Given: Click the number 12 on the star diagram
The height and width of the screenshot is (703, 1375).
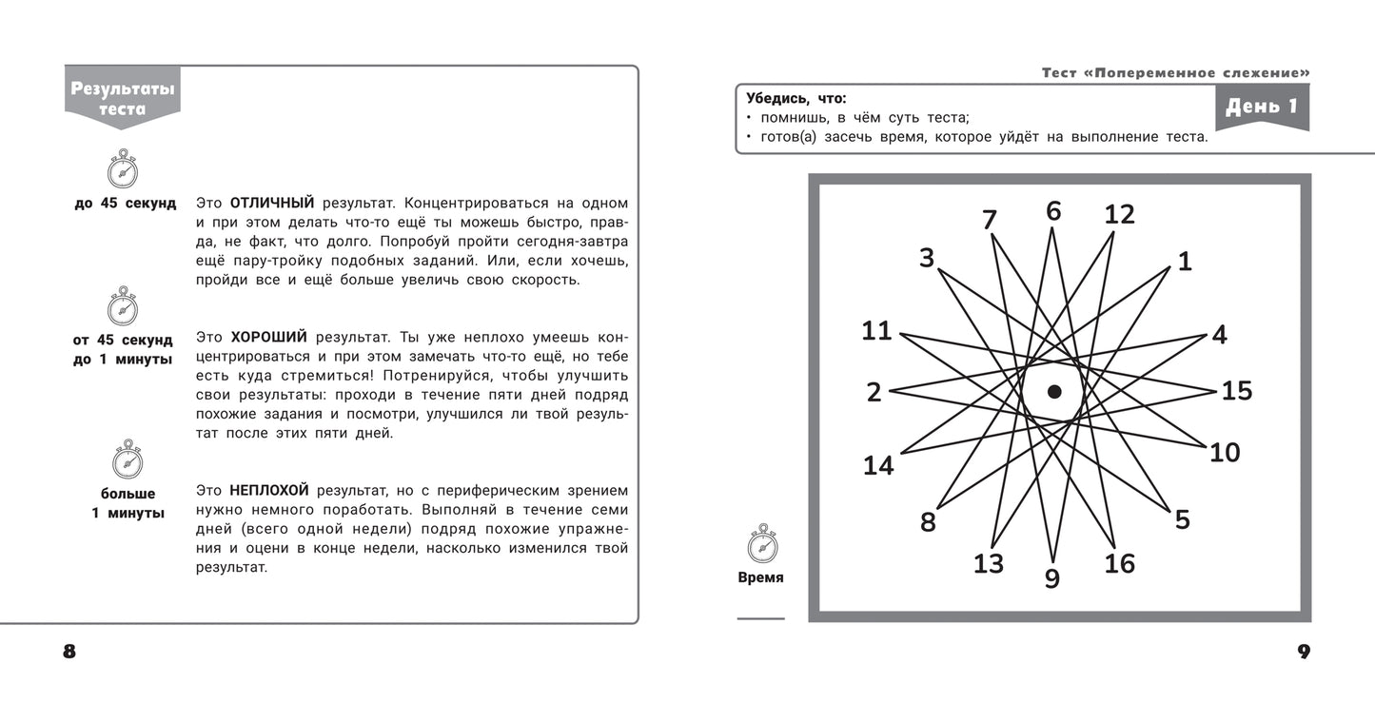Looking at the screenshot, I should (x=1119, y=215).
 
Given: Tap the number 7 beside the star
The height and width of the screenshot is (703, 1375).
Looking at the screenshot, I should (x=990, y=221).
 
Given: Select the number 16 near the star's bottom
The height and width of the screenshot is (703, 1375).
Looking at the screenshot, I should (x=1119, y=563).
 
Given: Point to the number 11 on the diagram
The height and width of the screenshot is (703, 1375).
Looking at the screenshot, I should (x=876, y=331).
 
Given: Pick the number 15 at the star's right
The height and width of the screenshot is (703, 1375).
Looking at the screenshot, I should (x=1236, y=391).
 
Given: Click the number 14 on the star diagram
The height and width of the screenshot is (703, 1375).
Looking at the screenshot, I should (x=878, y=466).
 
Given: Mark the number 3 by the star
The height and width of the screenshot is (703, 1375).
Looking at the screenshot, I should (x=927, y=258).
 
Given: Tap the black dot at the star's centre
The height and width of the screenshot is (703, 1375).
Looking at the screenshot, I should (x=1054, y=391).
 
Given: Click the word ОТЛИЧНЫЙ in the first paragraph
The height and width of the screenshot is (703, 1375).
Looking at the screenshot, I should (x=272, y=204).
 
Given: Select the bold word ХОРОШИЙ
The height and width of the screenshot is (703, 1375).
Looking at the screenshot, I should (x=269, y=337).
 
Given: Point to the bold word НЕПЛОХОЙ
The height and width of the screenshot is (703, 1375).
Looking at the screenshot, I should (x=269, y=490).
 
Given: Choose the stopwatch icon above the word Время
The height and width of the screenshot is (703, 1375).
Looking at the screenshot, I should (x=762, y=544).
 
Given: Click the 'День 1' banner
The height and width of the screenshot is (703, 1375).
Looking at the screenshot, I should (x=1262, y=107).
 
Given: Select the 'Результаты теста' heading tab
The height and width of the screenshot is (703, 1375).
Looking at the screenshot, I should (x=123, y=98).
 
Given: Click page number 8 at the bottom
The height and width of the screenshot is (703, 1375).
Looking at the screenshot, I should (x=69, y=653).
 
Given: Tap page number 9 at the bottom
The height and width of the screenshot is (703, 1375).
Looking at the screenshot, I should (x=1304, y=653).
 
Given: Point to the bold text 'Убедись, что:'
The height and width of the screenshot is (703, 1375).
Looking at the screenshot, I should (x=796, y=98).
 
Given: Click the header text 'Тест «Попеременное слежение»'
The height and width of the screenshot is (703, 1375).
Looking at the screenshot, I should (x=1175, y=73).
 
